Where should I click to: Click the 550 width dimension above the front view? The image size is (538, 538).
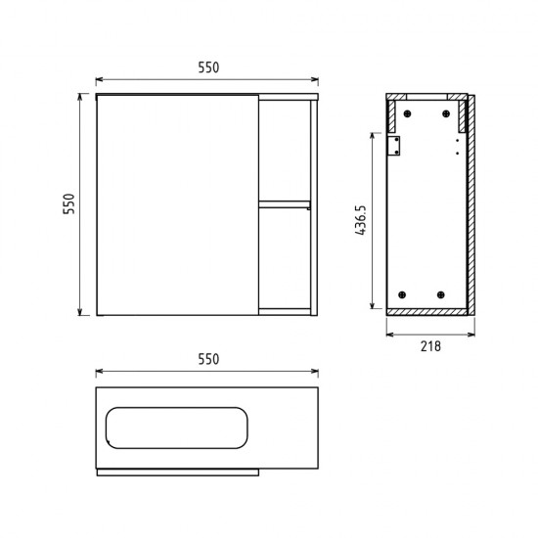click(x=208, y=67)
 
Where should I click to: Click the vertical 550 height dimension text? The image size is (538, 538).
click(x=69, y=203)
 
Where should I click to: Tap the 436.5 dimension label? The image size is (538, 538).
click(x=361, y=220)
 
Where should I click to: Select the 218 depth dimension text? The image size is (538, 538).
click(x=430, y=346)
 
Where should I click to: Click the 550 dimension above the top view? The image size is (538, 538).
click(x=208, y=359)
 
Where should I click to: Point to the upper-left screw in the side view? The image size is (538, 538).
click(x=407, y=113)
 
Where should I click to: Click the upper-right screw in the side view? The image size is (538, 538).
click(x=446, y=113)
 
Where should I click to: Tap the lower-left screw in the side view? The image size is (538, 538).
click(x=402, y=294)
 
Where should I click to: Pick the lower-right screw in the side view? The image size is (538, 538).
click(x=441, y=294)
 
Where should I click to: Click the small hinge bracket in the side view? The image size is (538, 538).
click(x=394, y=146)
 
